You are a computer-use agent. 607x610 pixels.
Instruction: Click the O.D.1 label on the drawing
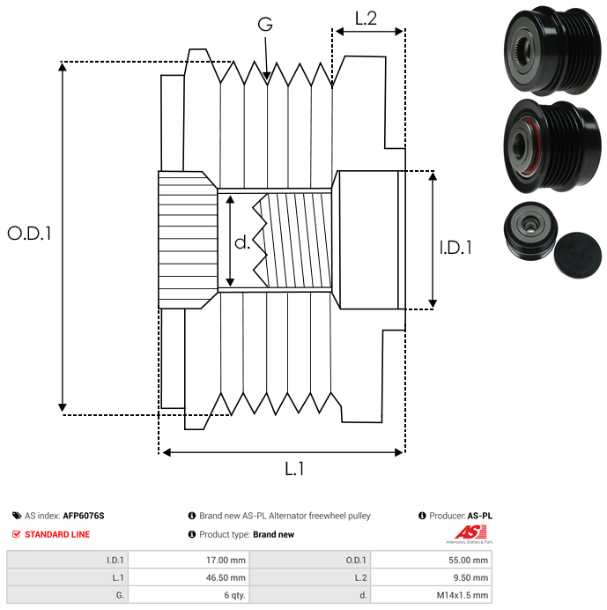point(29,234)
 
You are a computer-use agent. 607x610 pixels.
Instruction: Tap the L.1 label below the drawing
point(293,469)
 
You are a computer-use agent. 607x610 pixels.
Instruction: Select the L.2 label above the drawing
point(366,17)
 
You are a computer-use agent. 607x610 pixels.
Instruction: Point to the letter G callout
point(265,25)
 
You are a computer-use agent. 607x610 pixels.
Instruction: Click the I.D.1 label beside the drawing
point(455,249)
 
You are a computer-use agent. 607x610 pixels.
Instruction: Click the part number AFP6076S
point(89,516)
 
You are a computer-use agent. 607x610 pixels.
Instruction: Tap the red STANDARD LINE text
point(56,534)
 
